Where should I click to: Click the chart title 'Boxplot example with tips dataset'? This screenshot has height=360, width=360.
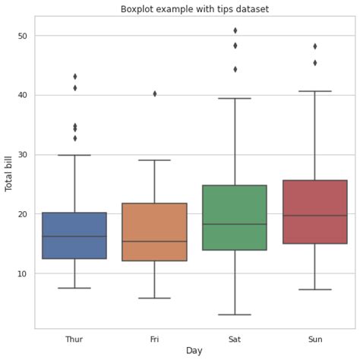[194, 9]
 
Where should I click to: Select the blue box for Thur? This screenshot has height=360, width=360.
[74, 235]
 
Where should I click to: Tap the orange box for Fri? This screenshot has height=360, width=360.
[155, 232]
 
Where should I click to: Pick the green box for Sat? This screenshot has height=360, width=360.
[235, 217]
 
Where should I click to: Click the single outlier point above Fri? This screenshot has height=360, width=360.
[155, 93]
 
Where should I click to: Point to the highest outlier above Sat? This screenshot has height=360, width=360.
[235, 30]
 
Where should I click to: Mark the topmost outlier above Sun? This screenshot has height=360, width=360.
[315, 46]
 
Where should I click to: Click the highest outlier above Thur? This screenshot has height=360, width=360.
[74, 76]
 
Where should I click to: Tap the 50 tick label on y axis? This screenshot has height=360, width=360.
[22, 36]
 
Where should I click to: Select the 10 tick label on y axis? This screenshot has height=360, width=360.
[22, 273]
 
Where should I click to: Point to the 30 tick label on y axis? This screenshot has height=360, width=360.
[22, 155]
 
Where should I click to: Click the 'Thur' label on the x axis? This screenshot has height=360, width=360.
[74, 339]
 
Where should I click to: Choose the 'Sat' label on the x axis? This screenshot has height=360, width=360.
[235, 339]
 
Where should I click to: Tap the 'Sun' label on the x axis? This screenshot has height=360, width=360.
[315, 339]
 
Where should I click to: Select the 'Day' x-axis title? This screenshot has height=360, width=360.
[194, 351]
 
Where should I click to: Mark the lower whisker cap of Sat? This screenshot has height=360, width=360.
[235, 314]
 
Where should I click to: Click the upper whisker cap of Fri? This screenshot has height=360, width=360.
[155, 160]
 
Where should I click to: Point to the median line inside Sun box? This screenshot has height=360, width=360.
[315, 216]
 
